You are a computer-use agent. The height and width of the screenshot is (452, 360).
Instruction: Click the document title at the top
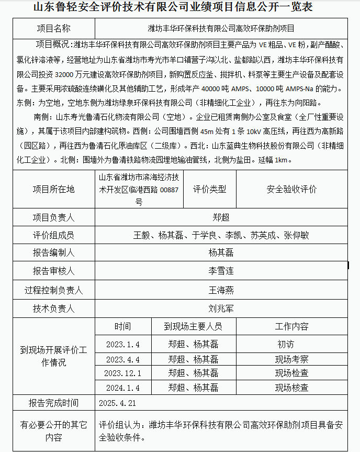tap(180, 7)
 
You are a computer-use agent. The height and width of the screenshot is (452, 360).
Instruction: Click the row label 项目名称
tap(54, 28)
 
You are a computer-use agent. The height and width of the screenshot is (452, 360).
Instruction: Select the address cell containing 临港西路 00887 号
tap(139, 189)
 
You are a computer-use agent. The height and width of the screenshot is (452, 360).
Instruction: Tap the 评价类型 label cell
tap(209, 189)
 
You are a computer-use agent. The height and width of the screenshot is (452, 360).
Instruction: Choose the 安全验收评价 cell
tap(291, 189)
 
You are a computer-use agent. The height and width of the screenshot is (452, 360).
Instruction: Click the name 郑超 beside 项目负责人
tap(221, 217)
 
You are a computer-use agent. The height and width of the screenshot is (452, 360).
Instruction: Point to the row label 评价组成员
tap(54, 235)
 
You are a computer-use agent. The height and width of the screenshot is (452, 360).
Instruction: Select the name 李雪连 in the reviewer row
tap(221, 271)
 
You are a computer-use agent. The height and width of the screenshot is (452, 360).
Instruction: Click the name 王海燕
tap(221, 290)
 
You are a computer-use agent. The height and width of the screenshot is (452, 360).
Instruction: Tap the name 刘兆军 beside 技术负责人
tap(221, 308)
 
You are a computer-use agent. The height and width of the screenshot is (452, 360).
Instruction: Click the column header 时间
tap(122, 326)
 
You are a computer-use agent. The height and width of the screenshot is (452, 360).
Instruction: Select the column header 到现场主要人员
tap(193, 326)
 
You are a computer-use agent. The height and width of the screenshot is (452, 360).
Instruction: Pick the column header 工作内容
tap(291, 326)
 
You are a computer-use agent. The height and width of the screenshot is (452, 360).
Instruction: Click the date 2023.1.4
tap(122, 345)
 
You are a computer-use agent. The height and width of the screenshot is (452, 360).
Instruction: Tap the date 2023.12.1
tap(122, 373)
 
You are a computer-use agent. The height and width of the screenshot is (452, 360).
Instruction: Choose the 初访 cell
tap(286, 345)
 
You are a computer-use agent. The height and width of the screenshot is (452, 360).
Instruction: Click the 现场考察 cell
tap(291, 359)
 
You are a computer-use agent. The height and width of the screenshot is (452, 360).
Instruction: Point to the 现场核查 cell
tap(291, 388)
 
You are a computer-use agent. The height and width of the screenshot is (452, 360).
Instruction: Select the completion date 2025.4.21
tap(117, 403)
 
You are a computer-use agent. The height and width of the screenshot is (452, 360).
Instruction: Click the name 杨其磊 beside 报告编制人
tap(221, 253)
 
